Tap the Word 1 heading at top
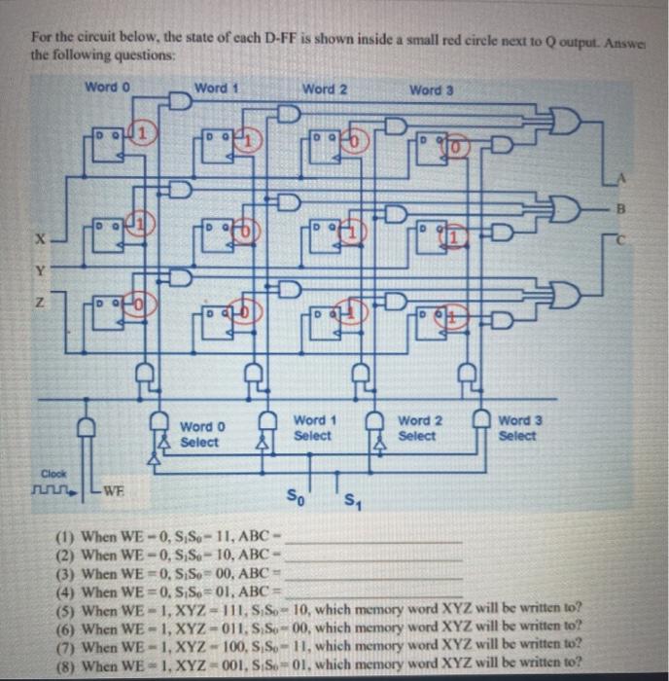tap(217, 88)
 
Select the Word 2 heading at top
tap(325, 89)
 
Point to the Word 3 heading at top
tap(431, 90)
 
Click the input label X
tap(40, 235)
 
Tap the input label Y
tap(40, 269)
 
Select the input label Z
tap(40, 305)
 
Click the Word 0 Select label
tap(202, 434)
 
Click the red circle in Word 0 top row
tap(142, 130)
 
